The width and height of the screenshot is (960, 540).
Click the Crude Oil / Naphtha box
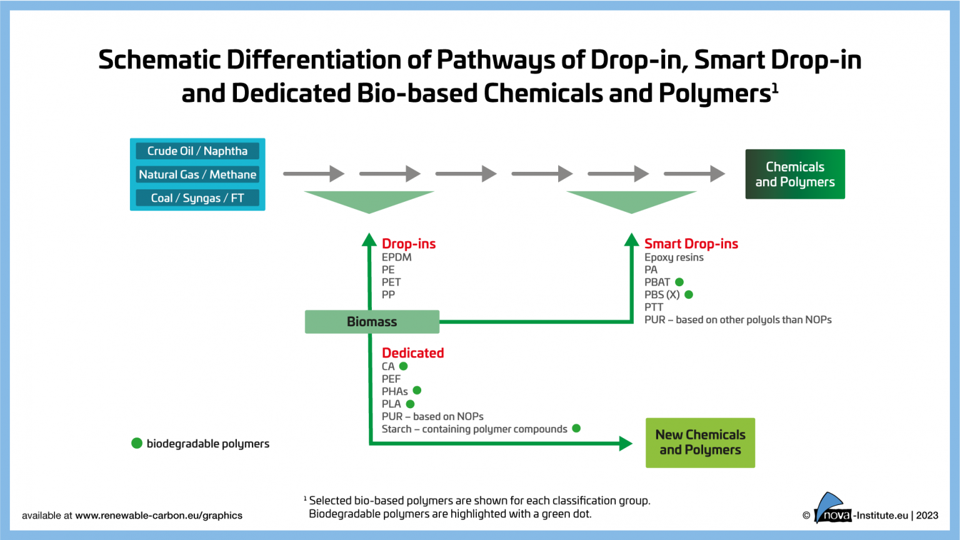coord(197,151)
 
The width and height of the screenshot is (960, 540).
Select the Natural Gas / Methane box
coord(197,174)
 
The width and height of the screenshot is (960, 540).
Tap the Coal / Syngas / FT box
coord(197,198)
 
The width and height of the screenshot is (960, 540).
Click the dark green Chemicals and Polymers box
coord(794,174)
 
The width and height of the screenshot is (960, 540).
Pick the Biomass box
coord(372,322)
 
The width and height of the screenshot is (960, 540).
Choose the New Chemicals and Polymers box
coord(700,442)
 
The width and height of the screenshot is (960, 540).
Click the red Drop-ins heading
coord(409,244)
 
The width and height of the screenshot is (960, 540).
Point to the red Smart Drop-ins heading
coord(691,244)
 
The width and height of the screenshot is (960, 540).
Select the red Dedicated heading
coord(412,353)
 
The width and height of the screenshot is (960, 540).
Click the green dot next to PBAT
coord(679,282)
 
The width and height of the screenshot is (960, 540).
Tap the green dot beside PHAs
coord(417,391)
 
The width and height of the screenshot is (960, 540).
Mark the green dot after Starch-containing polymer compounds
coord(576,428)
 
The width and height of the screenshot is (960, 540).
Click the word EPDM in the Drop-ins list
coord(396,257)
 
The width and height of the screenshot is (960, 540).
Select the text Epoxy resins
coord(674,257)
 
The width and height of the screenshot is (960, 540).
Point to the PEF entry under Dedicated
coord(391,379)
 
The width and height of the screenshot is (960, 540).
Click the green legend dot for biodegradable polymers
coord(137,443)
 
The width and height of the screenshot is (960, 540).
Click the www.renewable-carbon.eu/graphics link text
coord(159,516)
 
